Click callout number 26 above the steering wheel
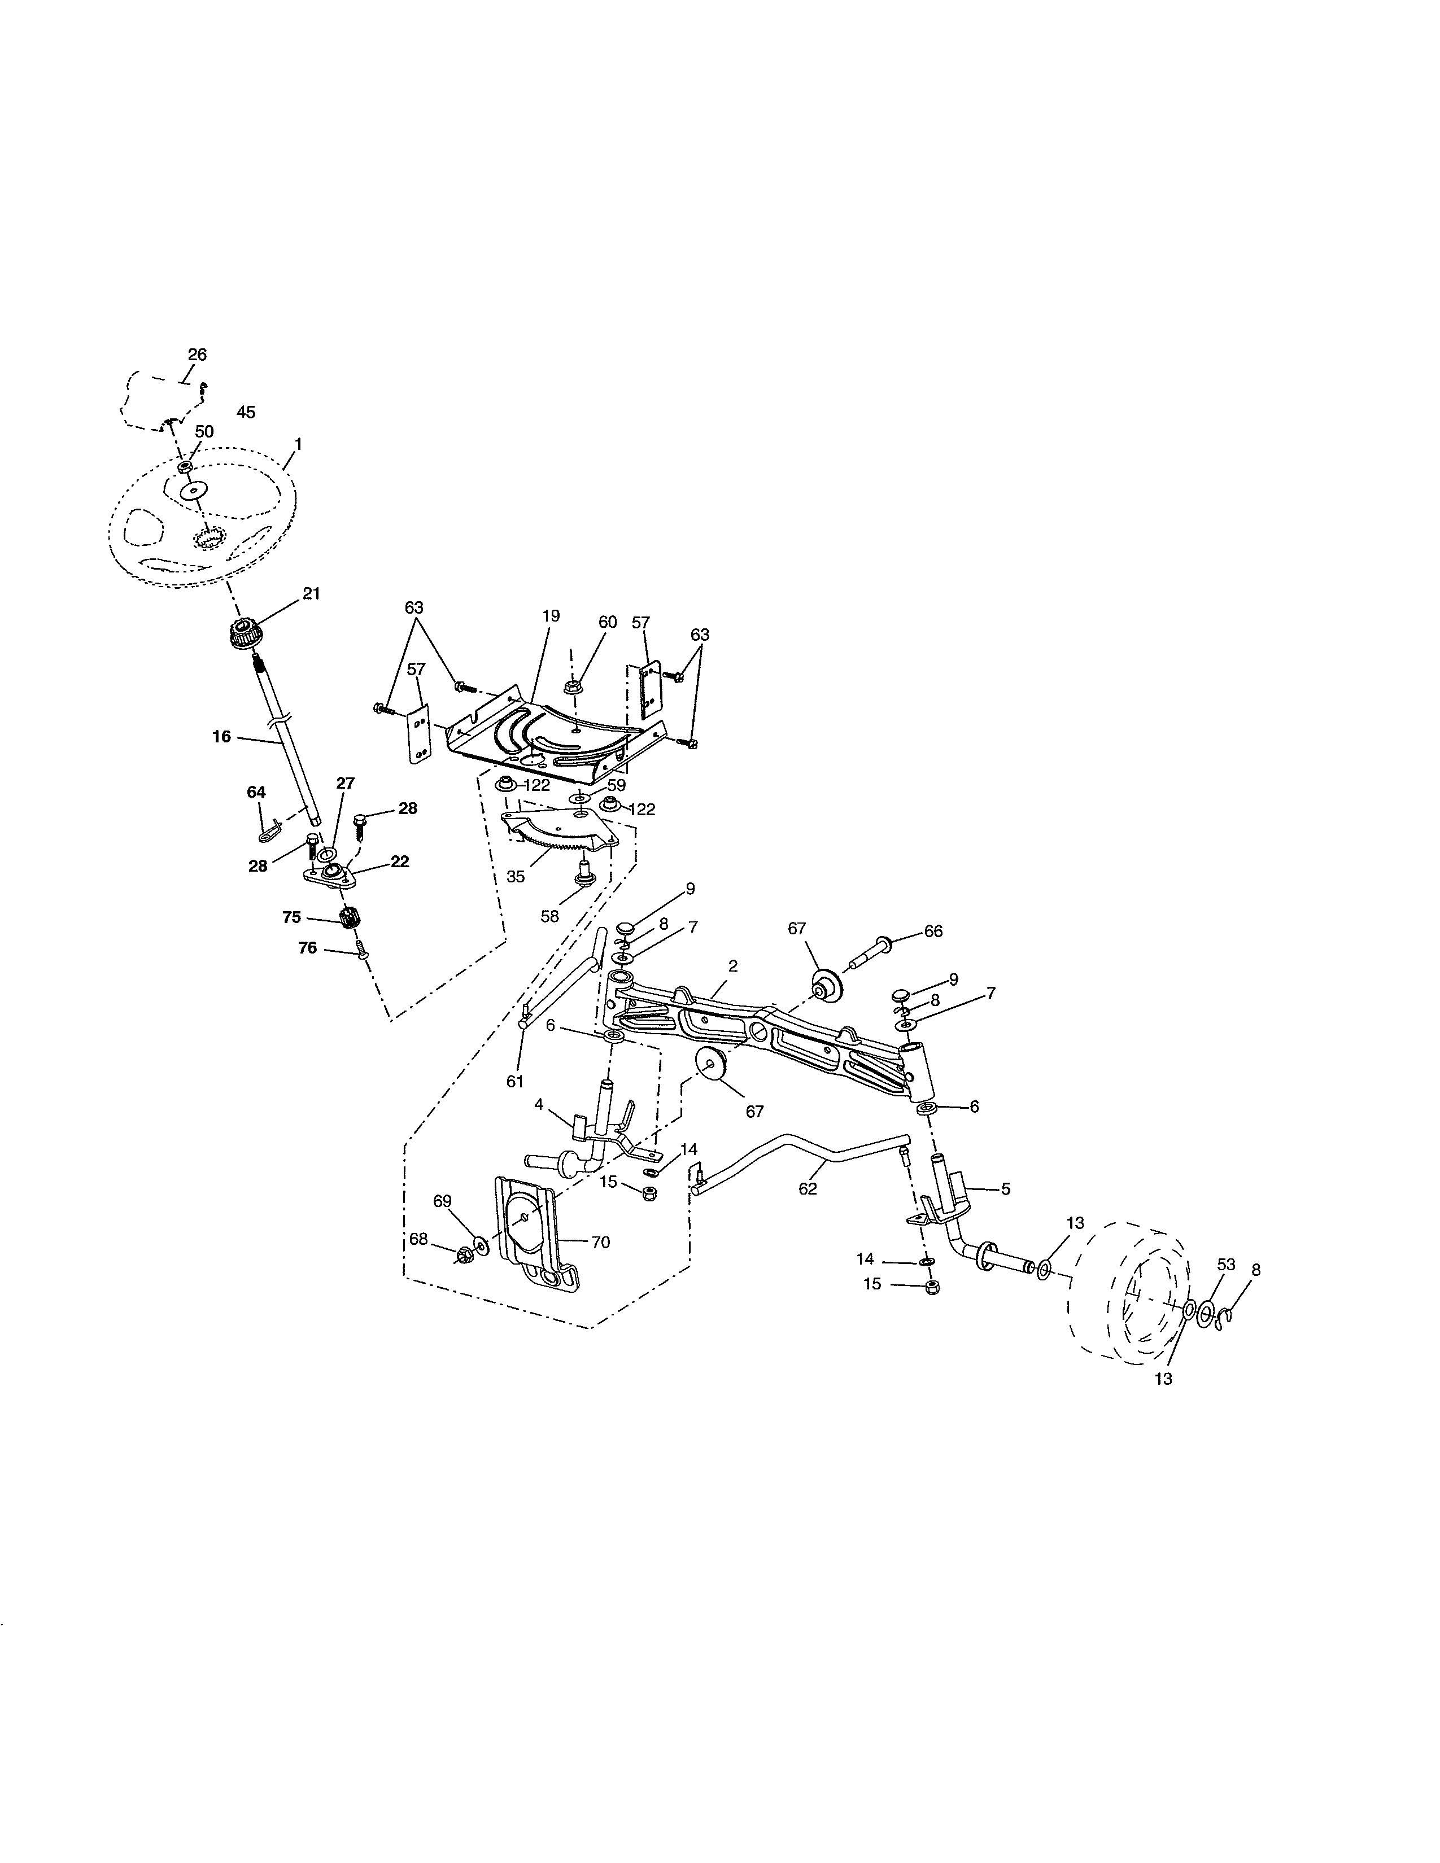tap(197, 354)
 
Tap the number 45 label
tap(245, 412)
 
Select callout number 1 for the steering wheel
tap(298, 444)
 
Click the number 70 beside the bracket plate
tap(601, 1242)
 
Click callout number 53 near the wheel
tap(1226, 1264)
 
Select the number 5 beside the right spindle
tap(1006, 1188)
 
